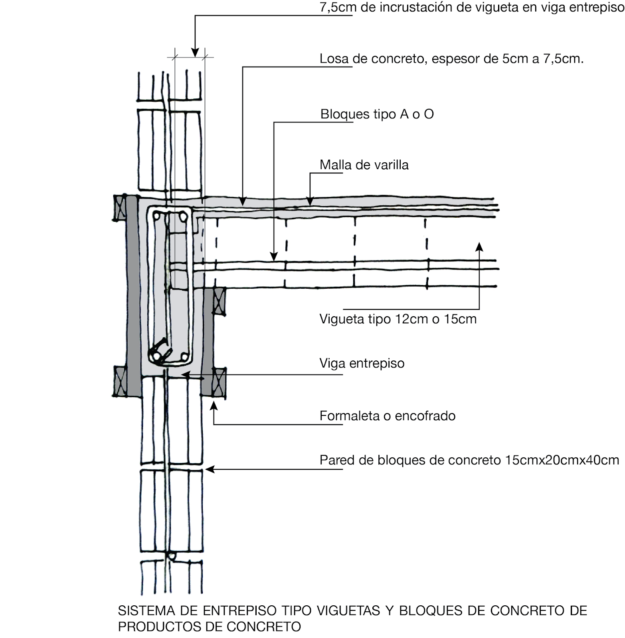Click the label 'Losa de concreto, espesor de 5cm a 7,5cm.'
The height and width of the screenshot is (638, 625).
point(451,59)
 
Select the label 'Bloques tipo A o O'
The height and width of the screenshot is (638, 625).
point(377,114)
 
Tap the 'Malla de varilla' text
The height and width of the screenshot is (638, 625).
point(364,165)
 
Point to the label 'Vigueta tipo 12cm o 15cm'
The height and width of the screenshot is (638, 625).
point(398,319)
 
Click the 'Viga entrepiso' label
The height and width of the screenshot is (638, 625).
point(362,363)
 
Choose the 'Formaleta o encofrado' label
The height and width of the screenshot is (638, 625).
point(387,416)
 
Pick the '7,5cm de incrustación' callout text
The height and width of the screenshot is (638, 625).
point(471,8)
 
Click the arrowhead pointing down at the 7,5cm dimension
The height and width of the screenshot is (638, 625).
point(195,53)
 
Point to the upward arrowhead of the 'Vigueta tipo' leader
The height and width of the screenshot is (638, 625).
point(479,246)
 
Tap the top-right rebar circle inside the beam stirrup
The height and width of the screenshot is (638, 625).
point(183,217)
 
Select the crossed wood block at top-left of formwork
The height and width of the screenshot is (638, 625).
point(119,208)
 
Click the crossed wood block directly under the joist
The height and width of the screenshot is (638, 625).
point(219,301)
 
